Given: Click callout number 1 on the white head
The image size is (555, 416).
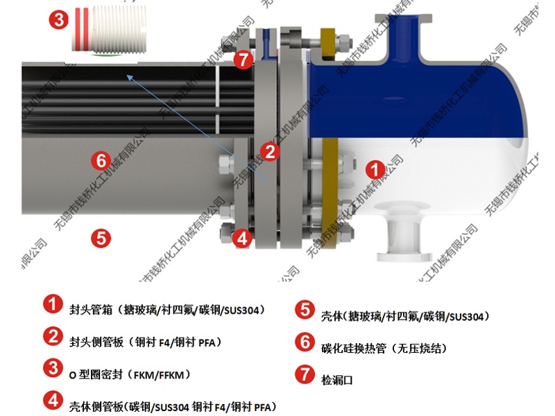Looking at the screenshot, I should click(375, 168).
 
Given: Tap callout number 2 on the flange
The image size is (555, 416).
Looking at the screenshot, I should click(269, 150).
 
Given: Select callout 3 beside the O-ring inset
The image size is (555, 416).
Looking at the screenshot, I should click(59, 20).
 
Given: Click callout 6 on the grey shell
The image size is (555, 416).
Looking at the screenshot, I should click(101, 161).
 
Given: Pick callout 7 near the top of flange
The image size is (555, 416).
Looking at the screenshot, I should click(243, 60).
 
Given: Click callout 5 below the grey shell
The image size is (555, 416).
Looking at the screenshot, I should click(101, 238).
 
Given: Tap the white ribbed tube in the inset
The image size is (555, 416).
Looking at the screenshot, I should click(112, 30).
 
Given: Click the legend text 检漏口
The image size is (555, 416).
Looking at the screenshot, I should click(337, 380).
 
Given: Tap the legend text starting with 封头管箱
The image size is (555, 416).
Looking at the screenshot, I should click(167, 309).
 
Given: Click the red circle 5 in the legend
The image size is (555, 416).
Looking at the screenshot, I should click(304, 309).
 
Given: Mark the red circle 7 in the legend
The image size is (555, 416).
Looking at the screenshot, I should click(304, 374).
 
